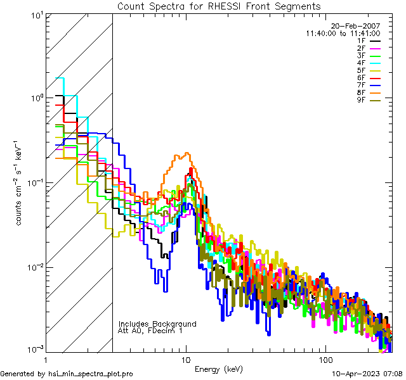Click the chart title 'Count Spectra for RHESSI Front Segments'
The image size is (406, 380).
(219, 6)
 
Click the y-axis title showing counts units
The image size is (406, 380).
(21, 182)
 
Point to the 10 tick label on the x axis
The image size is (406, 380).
(186, 360)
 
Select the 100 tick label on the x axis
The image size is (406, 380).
(325, 360)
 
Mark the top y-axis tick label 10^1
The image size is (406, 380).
(36, 14)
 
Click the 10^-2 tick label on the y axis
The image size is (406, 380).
(34, 267)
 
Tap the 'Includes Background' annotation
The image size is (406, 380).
(157, 324)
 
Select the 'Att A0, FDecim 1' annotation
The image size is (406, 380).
(151, 331)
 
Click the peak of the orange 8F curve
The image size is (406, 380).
(187, 153)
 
